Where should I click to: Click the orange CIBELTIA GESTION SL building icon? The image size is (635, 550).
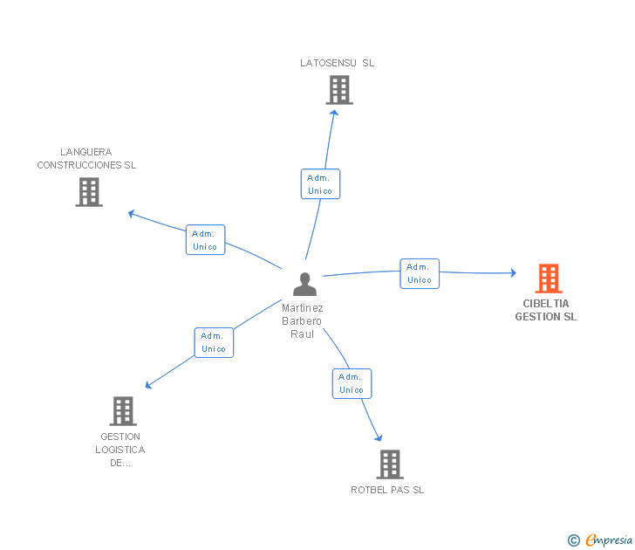click(x=549, y=278)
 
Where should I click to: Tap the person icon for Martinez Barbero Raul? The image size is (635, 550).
click(x=304, y=284)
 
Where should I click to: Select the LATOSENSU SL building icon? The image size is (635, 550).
click(x=339, y=90)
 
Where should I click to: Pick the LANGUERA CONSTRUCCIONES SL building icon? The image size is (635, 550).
click(x=89, y=192)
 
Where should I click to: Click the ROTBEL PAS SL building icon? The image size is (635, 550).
click(x=390, y=464)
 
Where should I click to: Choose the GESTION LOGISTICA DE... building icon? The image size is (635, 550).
click(x=123, y=411)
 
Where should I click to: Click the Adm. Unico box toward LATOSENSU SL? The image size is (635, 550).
click(x=320, y=184)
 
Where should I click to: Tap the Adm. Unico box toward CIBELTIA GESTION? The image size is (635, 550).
click(x=420, y=273)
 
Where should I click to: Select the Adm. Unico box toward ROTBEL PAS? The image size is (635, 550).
click(x=352, y=383)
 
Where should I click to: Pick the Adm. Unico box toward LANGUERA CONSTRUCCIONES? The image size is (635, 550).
click(x=205, y=239)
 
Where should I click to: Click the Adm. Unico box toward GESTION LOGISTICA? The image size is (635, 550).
click(x=214, y=342)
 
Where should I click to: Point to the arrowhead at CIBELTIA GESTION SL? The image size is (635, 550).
click(x=513, y=272)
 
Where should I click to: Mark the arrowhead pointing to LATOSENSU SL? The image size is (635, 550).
click(x=334, y=113)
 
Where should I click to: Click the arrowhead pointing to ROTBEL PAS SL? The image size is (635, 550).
click(x=379, y=437)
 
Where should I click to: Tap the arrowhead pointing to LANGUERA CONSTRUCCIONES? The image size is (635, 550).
click(x=131, y=214)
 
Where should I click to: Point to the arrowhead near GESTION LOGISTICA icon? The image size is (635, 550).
click(x=148, y=385)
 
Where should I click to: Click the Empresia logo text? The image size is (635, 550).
click(x=609, y=540)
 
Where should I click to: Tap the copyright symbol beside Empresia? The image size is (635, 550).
click(x=573, y=540)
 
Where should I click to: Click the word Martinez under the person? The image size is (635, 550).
click(x=303, y=308)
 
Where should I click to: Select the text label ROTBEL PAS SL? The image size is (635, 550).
click(x=387, y=490)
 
